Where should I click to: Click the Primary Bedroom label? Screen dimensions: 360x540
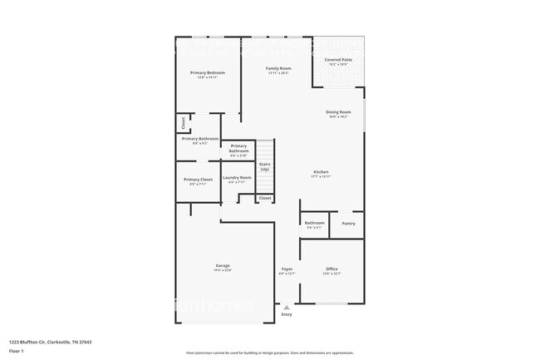(x=207, y=73)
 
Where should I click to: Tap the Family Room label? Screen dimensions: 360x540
(x=278, y=68)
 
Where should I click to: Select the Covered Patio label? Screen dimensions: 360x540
(x=337, y=60)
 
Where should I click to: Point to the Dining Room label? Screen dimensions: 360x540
(x=338, y=111)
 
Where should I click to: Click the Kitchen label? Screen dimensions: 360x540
(x=321, y=172)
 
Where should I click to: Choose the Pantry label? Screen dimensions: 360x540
(x=348, y=223)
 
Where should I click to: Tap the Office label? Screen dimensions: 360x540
(x=331, y=269)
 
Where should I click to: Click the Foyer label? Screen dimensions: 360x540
(x=287, y=269)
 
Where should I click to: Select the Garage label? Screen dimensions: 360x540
(x=223, y=265)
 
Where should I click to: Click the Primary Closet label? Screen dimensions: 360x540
(x=199, y=180)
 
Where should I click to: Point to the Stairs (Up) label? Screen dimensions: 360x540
(x=264, y=166)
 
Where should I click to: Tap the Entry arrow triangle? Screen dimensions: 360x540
(x=287, y=307)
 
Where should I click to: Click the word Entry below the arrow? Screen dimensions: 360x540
(x=287, y=314)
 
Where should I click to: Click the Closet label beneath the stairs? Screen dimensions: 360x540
(x=264, y=198)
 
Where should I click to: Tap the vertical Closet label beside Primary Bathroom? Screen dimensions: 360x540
(x=183, y=124)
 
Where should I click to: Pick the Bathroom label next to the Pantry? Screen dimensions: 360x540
(x=314, y=223)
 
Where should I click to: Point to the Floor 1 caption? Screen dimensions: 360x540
(x=17, y=351)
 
